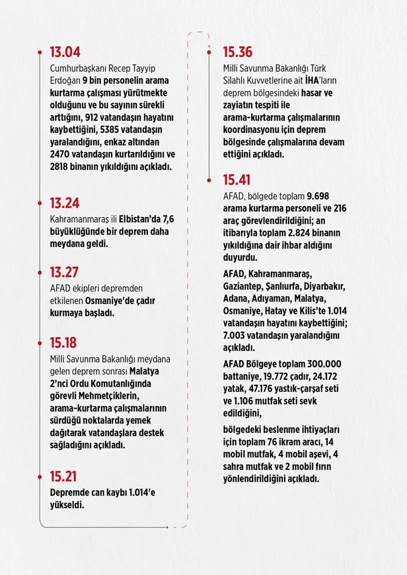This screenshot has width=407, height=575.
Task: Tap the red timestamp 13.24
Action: tap(65, 204)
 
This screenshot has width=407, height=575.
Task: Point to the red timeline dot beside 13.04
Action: tap(40, 51)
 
